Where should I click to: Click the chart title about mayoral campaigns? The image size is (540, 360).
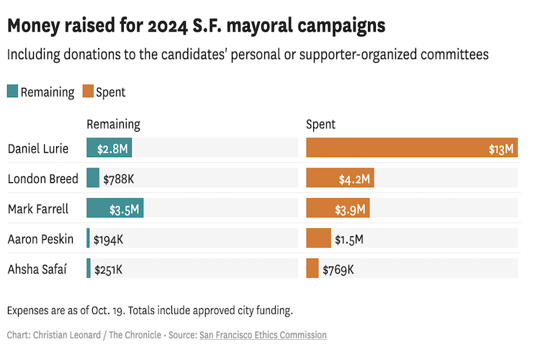click(x=196, y=26)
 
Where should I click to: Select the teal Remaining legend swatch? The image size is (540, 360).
click(x=12, y=91)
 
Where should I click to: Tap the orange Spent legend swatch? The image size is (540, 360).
click(x=88, y=91)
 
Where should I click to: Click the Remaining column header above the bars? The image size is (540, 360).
click(x=113, y=125)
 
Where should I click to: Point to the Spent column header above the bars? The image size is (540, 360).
click(x=320, y=125)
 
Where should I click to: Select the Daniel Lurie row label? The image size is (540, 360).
click(x=38, y=149)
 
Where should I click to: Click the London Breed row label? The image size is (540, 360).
click(x=42, y=179)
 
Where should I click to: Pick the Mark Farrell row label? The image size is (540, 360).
click(x=37, y=210)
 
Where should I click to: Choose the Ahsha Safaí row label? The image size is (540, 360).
click(x=37, y=269)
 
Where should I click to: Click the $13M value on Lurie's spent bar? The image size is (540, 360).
click(x=501, y=149)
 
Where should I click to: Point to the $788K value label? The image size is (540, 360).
click(x=119, y=179)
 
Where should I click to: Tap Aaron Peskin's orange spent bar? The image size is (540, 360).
click(x=318, y=238)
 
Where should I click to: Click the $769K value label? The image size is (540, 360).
click(x=338, y=269)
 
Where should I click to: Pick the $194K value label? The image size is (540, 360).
click(x=109, y=239)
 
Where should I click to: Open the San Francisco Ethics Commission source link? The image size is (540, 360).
click(x=263, y=335)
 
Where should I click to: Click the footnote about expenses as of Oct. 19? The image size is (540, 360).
click(x=150, y=310)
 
